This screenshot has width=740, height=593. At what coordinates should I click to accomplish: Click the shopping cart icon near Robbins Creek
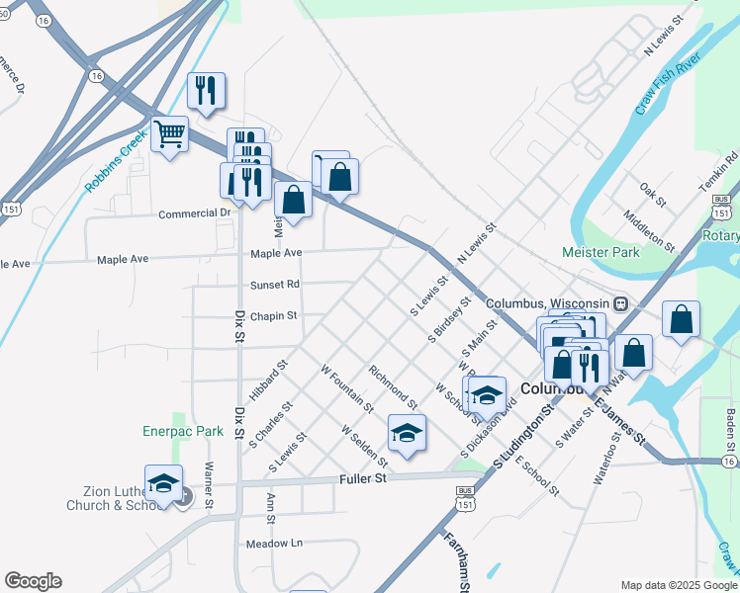(170, 133)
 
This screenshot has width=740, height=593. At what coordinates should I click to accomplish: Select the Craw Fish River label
(669, 85)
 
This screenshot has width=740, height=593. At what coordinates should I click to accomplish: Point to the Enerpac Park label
(181, 432)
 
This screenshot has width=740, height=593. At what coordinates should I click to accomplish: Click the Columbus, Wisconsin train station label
(561, 302)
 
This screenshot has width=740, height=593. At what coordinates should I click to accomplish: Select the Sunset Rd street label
(275, 285)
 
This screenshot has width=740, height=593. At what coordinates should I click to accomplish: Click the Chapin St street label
(274, 316)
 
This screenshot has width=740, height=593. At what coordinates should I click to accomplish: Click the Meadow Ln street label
(274, 544)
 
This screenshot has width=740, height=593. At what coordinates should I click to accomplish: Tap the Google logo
(33, 581)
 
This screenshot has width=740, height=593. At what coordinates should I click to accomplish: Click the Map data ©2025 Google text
(679, 584)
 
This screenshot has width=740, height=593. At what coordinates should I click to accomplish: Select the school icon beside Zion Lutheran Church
(164, 483)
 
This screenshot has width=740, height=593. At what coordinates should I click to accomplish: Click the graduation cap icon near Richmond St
(407, 433)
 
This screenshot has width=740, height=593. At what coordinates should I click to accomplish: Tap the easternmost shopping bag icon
(681, 319)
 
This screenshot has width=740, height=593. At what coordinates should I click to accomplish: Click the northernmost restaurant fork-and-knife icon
(207, 91)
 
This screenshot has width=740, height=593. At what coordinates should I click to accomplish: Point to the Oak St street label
(653, 188)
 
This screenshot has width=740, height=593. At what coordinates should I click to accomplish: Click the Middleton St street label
(649, 228)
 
